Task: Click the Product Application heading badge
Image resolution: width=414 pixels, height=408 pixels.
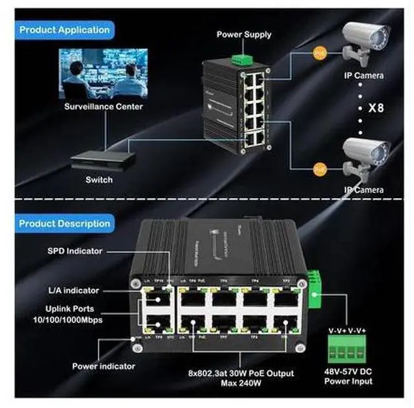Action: pos(64,30)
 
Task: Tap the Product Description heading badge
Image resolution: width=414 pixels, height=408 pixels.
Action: pos(64,223)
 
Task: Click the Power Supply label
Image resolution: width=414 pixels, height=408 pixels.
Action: pos(243,34)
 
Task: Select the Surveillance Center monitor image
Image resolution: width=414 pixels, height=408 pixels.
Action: pos(103,73)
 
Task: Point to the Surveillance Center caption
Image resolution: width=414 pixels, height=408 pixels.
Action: pos(103,106)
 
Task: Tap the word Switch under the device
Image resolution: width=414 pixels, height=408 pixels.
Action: pos(99,180)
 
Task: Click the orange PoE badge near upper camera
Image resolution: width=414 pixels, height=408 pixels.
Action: pos(318,54)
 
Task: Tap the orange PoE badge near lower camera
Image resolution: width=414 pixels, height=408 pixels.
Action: pos(318,169)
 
